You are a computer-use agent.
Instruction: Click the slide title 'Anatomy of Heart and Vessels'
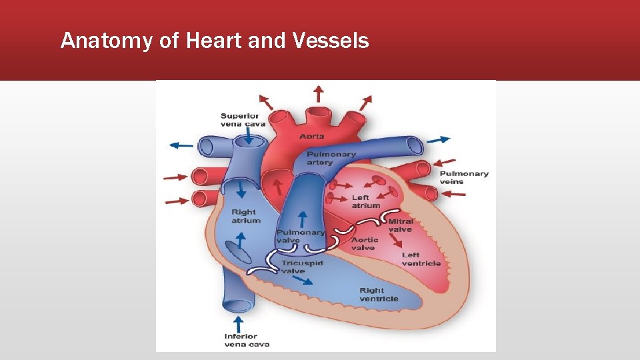pos(214,41)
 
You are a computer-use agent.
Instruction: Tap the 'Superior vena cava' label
pos(243,120)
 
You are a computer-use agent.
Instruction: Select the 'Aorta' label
pos(312,136)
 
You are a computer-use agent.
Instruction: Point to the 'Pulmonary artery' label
pos(331,158)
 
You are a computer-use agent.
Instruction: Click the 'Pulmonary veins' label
pos(464,177)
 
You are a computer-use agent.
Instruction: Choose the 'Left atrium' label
pos(366,201)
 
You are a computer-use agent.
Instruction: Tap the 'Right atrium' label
pos(246,216)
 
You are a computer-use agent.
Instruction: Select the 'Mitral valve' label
pos(400,225)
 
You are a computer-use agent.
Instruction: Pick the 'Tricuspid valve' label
pos(302,267)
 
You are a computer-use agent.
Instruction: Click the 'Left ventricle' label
pos(421,259)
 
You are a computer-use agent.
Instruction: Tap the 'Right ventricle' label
pos(379,295)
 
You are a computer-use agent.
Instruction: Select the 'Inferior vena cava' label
pos(241,340)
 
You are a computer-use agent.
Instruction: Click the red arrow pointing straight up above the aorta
pos(319,93)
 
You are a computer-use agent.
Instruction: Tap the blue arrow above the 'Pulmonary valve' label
pos(301,218)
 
